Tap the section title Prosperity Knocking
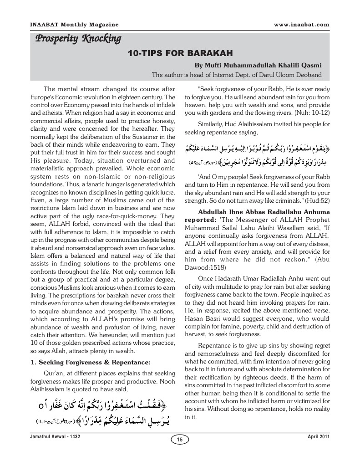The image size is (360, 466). coord(78,39)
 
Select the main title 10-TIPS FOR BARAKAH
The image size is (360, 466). coord(180,52)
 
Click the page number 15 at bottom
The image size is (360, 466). coord(180,439)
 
